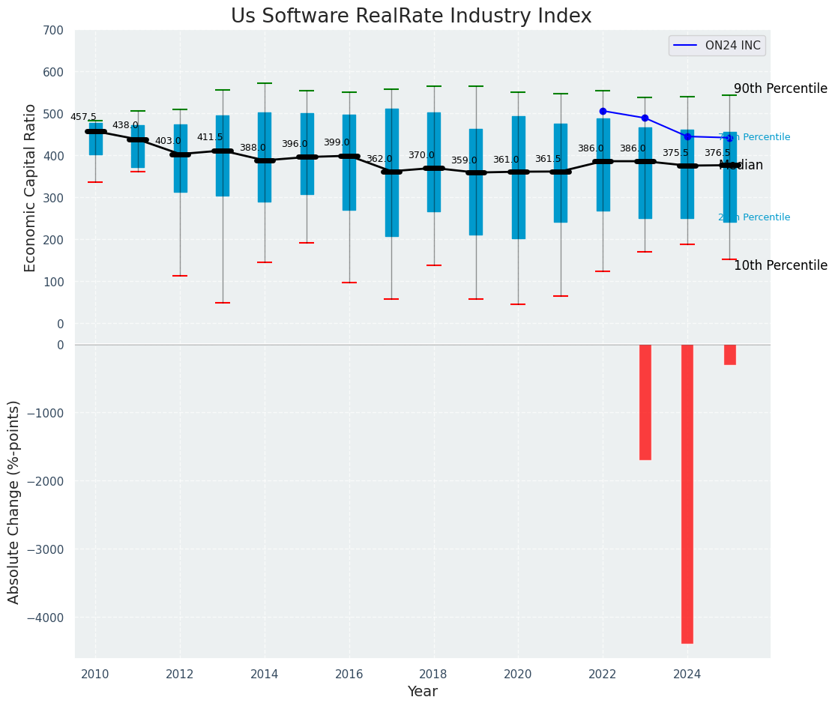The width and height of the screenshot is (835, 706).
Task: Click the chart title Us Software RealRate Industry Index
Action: (x=411, y=16)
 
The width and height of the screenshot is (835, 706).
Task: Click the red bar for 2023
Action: (x=645, y=402)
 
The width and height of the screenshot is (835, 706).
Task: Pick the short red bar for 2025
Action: (x=730, y=354)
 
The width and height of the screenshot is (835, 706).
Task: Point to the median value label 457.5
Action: (x=83, y=117)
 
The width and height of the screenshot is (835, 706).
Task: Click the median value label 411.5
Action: (x=210, y=137)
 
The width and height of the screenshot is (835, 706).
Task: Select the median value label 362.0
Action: (x=379, y=159)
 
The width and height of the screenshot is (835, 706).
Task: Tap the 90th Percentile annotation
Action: (x=780, y=88)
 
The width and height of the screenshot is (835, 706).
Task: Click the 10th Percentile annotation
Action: (x=780, y=265)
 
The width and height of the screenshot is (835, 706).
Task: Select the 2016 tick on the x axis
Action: (x=349, y=675)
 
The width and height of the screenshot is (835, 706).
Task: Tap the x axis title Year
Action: (x=423, y=692)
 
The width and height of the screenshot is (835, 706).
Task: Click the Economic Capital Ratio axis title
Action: (x=31, y=187)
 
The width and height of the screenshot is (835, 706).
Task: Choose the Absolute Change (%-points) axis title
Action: (x=14, y=501)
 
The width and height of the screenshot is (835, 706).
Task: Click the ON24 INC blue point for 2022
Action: (x=603, y=111)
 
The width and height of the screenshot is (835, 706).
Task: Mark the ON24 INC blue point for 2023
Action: (x=645, y=118)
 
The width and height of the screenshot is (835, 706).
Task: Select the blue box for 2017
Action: (x=392, y=172)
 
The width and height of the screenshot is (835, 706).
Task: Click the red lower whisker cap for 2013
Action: (x=223, y=303)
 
